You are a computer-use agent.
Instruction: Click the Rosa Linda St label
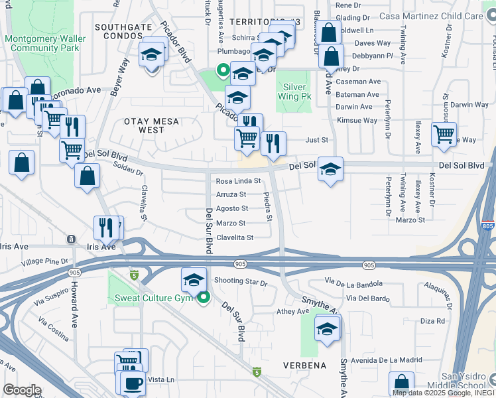(x=239, y=181)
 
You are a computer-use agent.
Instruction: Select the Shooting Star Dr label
(x=240, y=282)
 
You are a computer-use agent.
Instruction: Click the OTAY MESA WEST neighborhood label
(x=135, y=125)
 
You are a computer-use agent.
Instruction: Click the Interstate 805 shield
(x=488, y=226)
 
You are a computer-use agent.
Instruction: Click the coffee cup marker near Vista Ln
(x=132, y=383)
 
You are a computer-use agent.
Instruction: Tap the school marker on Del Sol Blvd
(x=330, y=169)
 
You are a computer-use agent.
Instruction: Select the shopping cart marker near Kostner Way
(x=444, y=134)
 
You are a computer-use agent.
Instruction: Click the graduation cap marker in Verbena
(x=327, y=329)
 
